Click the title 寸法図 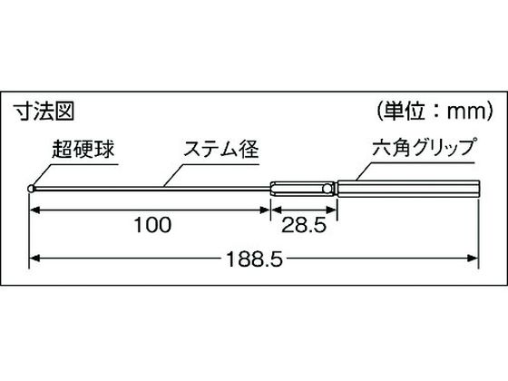(x=44, y=112)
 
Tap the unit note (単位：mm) (x=435, y=111)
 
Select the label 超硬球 (x=83, y=149)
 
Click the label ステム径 (x=221, y=149)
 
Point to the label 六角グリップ (x=425, y=148)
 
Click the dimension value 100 (x=152, y=225)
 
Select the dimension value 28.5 (x=304, y=225)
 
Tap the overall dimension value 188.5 (x=254, y=259)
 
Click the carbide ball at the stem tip (x=31, y=189)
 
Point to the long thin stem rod (x=152, y=189)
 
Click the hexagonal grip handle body (x=408, y=189)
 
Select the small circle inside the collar (x=327, y=189)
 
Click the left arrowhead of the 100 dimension (x=35, y=210)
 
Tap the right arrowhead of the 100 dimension (x=265, y=210)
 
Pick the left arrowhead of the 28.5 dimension (x=277, y=210)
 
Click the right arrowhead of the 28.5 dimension (x=332, y=210)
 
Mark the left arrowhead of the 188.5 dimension (x=35, y=259)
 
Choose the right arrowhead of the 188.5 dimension (x=473, y=259)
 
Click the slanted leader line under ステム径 (x=174, y=176)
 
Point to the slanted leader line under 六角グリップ (x=366, y=171)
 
